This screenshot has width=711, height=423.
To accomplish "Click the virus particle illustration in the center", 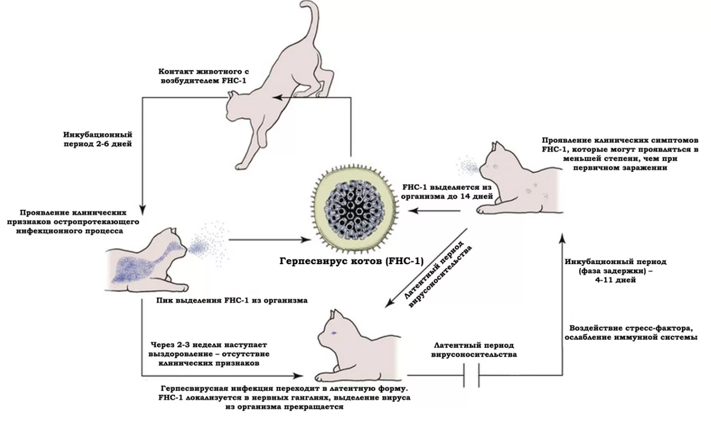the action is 354,210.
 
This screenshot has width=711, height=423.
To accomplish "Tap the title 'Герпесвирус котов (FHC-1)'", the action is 351,261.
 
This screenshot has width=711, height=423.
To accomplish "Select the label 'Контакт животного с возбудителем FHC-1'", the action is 203,75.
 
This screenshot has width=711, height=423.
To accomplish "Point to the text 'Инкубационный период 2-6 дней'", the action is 97,139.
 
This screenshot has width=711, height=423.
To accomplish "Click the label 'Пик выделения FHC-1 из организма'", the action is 232,300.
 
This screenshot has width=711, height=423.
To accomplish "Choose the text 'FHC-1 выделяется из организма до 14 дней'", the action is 447,192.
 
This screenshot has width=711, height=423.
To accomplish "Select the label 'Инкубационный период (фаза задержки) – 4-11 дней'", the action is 616,271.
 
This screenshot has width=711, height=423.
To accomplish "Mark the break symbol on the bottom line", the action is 472,376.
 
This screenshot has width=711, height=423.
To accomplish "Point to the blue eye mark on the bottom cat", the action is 334,332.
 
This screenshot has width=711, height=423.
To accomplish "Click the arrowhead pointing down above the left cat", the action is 143,210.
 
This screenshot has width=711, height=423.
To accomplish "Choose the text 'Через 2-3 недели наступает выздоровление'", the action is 209,349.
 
